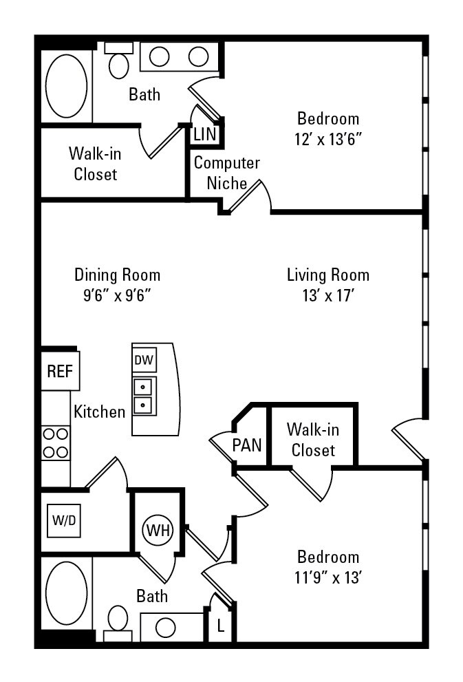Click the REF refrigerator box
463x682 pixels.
coord(60,370)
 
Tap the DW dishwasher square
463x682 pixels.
coord(144,360)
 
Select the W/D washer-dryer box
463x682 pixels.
coord(64,520)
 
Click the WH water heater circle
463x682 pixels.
coord(158,530)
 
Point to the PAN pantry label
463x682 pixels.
coord(247,445)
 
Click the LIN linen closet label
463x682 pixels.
coord(205,134)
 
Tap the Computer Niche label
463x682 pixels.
coord(226,173)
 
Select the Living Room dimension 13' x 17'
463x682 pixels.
coord(328,296)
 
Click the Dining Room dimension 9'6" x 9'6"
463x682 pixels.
coord(117,296)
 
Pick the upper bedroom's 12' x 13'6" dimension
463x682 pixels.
coord(328,139)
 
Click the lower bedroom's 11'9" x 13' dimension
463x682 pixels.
coord(328,577)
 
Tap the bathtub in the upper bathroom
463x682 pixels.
coord(67,86)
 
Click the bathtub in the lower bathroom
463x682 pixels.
coord(67,593)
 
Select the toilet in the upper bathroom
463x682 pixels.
coord(118,60)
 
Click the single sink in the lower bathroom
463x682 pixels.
coord(165,628)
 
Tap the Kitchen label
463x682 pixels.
coord(100,412)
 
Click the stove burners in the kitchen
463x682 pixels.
coord(55,443)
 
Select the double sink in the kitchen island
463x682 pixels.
coord(144,396)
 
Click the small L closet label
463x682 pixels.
coord(221,627)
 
